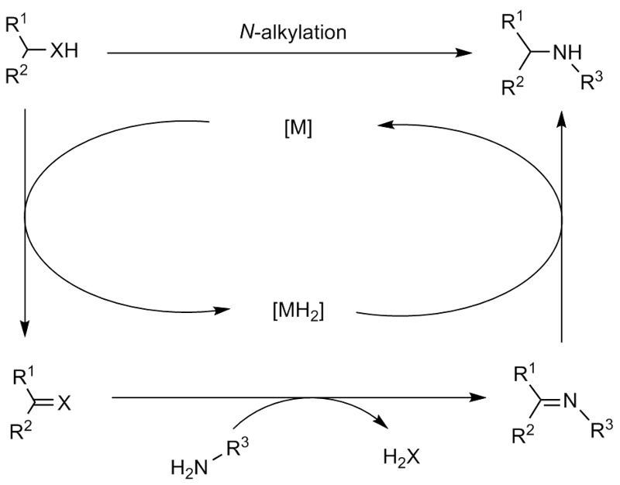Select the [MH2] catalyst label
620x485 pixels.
pos(298,311)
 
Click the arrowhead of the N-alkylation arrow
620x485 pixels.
pos(467,54)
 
